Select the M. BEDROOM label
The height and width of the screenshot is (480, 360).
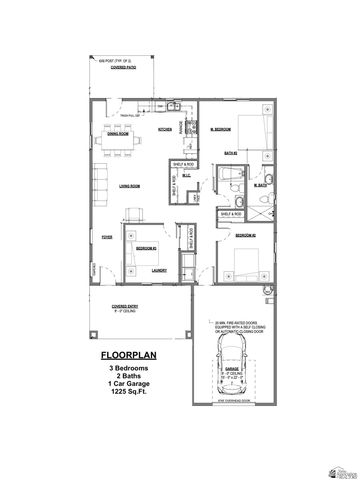(x=221, y=129)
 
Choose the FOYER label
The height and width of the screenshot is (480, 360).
(x=106, y=238)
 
